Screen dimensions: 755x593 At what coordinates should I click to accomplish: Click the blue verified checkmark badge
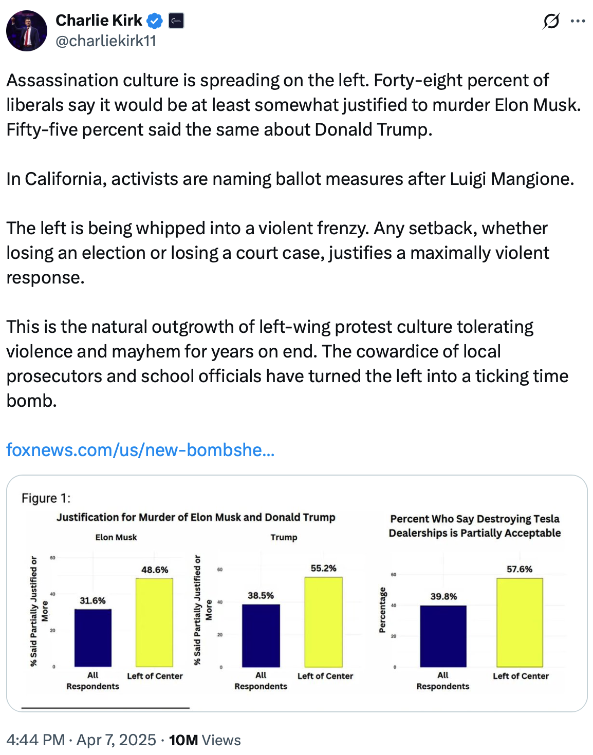point(155,21)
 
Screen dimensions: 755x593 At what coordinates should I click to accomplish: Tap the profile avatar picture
point(27,31)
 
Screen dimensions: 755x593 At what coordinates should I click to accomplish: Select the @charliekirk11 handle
point(106,41)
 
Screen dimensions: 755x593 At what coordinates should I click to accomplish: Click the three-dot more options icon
point(578,21)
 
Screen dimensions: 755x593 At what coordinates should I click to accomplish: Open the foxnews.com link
point(140,450)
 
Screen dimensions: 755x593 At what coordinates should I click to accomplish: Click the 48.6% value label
point(155,570)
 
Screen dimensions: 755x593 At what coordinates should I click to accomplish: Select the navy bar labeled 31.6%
point(93,637)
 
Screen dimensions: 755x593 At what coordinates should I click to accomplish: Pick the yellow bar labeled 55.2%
point(323,622)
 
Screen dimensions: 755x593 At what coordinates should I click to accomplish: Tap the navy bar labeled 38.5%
point(261,635)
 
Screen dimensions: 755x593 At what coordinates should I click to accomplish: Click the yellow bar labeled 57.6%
point(520,622)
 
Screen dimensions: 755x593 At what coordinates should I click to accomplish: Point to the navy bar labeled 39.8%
point(443,636)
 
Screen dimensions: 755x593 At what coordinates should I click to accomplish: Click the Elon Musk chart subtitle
point(116,537)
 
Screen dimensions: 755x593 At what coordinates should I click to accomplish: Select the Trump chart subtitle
point(284,537)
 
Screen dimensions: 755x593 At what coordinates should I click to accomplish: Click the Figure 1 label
point(46,498)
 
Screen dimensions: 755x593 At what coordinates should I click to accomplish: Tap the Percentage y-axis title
point(382,610)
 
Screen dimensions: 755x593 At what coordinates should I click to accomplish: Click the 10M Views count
point(205,740)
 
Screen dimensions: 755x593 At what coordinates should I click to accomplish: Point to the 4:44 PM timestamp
point(35,740)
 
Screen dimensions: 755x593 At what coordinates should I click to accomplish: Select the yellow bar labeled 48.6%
point(154,622)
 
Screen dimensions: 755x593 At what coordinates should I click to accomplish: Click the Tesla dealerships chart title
point(474,526)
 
